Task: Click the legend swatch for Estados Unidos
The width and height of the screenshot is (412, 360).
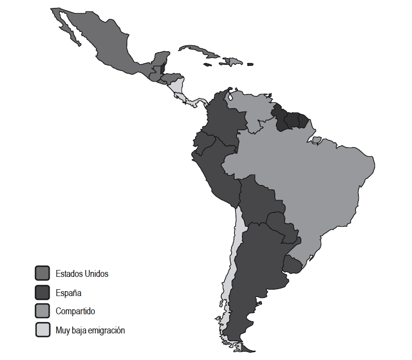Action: click(42, 273)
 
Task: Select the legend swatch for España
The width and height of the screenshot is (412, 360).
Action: click(42, 292)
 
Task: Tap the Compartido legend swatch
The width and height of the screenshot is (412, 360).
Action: click(42, 311)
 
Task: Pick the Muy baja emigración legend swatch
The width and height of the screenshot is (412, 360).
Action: click(42, 330)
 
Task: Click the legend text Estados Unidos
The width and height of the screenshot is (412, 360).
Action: click(82, 273)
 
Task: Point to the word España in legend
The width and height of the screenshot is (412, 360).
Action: click(68, 293)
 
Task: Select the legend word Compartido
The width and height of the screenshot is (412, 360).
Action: click(75, 311)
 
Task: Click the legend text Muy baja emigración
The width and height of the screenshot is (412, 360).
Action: click(90, 330)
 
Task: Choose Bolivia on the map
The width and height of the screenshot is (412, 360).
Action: click(256, 197)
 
